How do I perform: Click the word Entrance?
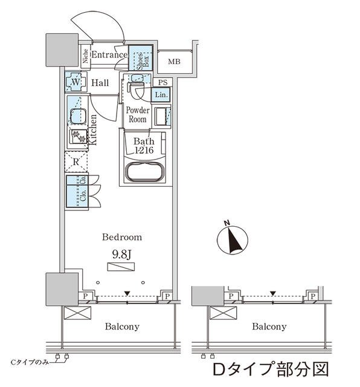(x=109, y=55)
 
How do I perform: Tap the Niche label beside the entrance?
(x=86, y=56)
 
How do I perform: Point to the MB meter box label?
(x=174, y=61)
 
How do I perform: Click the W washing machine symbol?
(x=76, y=82)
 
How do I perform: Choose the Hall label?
(x=100, y=83)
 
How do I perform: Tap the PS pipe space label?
(x=161, y=82)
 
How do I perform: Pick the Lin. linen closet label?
(x=161, y=94)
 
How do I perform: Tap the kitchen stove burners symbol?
(x=79, y=137)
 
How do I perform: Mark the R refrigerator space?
(x=76, y=161)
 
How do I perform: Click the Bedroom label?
(x=122, y=237)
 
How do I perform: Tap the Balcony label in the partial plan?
(x=269, y=327)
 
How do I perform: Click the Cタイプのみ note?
(x=31, y=361)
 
